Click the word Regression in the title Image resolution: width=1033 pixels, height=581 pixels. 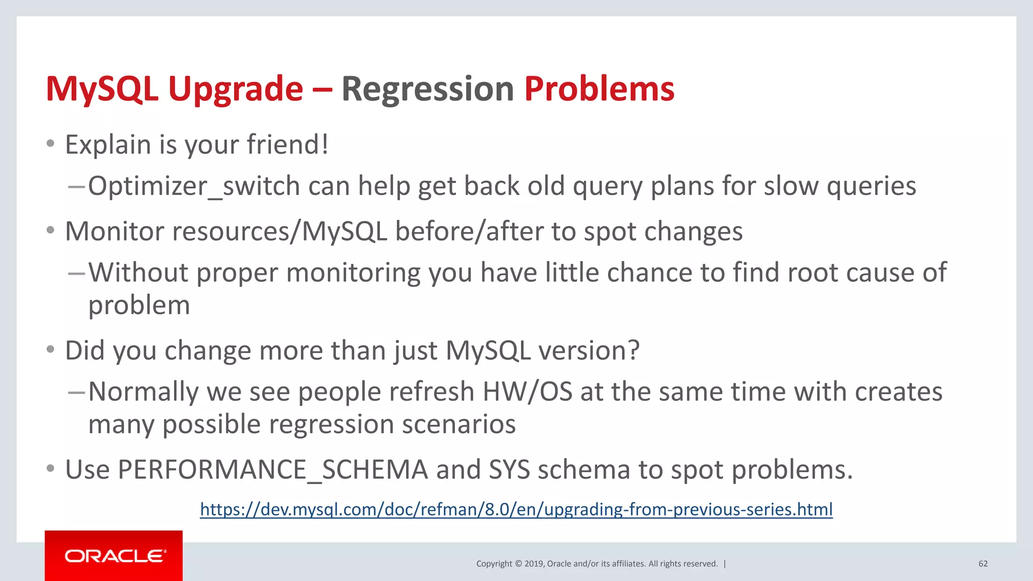427,90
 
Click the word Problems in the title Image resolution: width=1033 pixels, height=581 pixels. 599,89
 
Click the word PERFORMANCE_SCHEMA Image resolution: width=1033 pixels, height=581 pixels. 272,470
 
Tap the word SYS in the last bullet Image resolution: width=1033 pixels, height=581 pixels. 509,470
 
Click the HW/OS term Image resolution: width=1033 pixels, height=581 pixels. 527,392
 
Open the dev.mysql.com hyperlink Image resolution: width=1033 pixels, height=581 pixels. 516,509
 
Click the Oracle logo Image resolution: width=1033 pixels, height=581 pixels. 114,556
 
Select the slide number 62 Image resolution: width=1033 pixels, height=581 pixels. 983,564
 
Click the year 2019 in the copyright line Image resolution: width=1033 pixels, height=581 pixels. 534,564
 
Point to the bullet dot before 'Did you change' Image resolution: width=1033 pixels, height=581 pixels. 50,350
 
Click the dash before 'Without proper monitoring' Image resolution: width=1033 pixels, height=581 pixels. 76,273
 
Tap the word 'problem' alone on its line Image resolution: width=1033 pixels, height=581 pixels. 139,306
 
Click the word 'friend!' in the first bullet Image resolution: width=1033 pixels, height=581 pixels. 288,145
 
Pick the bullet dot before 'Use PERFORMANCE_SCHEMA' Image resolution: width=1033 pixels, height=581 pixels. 50,469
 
